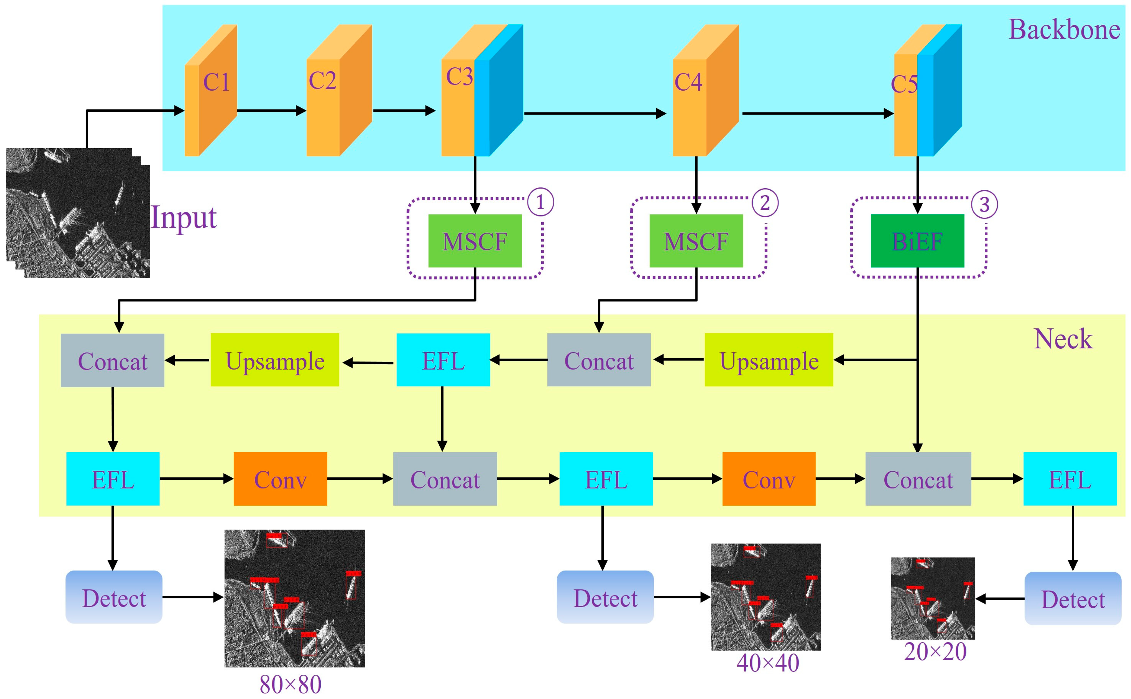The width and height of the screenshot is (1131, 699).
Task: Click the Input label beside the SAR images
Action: (184, 217)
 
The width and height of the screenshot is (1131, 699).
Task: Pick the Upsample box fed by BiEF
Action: (768, 360)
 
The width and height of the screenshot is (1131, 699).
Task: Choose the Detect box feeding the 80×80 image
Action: (114, 597)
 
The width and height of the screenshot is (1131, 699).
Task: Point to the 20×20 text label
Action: (935, 652)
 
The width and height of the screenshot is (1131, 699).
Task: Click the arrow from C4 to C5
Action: (816, 113)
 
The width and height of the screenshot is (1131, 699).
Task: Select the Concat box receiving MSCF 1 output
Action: (113, 360)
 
